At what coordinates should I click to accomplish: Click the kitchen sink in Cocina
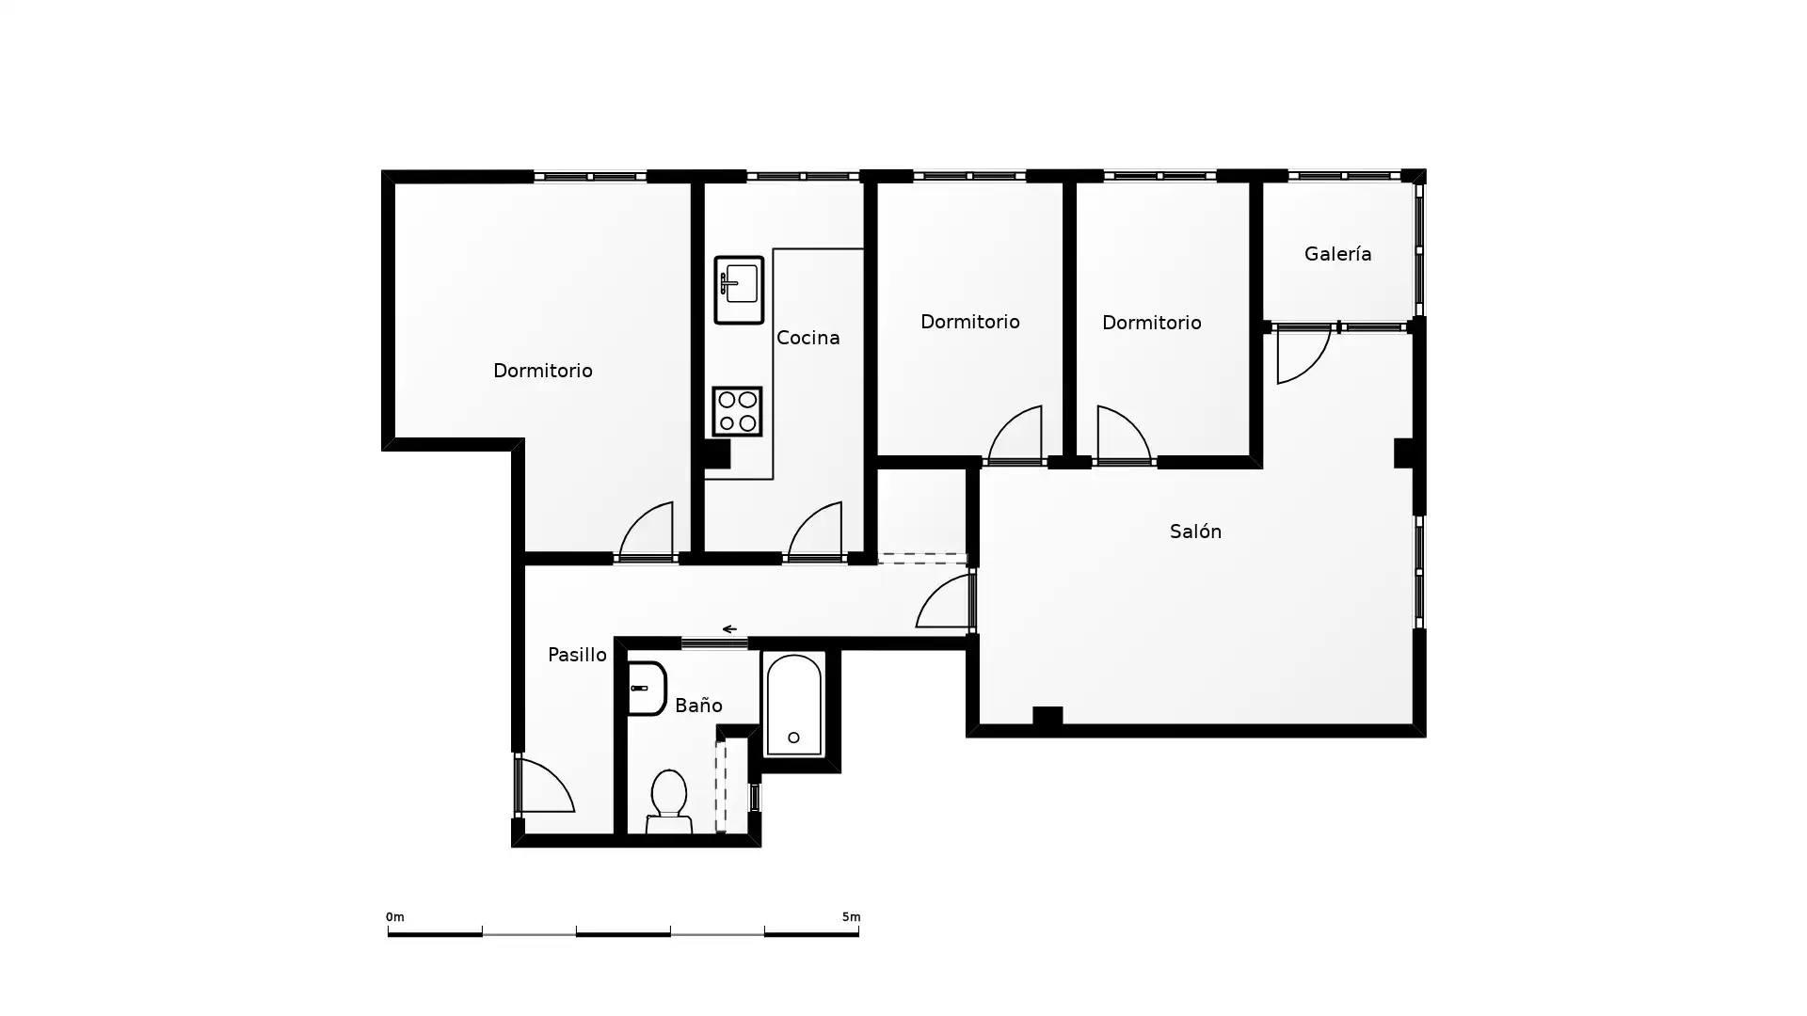739,290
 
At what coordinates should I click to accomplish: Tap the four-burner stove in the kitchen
737,411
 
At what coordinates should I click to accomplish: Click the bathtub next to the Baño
794,705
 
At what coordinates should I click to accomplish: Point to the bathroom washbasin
648,689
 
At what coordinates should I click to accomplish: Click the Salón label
1195,532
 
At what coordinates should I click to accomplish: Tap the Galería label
1337,254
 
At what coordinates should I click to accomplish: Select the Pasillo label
577,655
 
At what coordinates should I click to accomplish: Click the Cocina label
808,338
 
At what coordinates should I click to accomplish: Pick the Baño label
698,706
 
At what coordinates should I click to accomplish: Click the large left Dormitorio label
543,371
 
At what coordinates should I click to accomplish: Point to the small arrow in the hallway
729,629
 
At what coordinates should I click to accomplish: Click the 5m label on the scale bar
851,916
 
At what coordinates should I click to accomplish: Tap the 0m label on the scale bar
394,916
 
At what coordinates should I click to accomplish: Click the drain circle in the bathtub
793,738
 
